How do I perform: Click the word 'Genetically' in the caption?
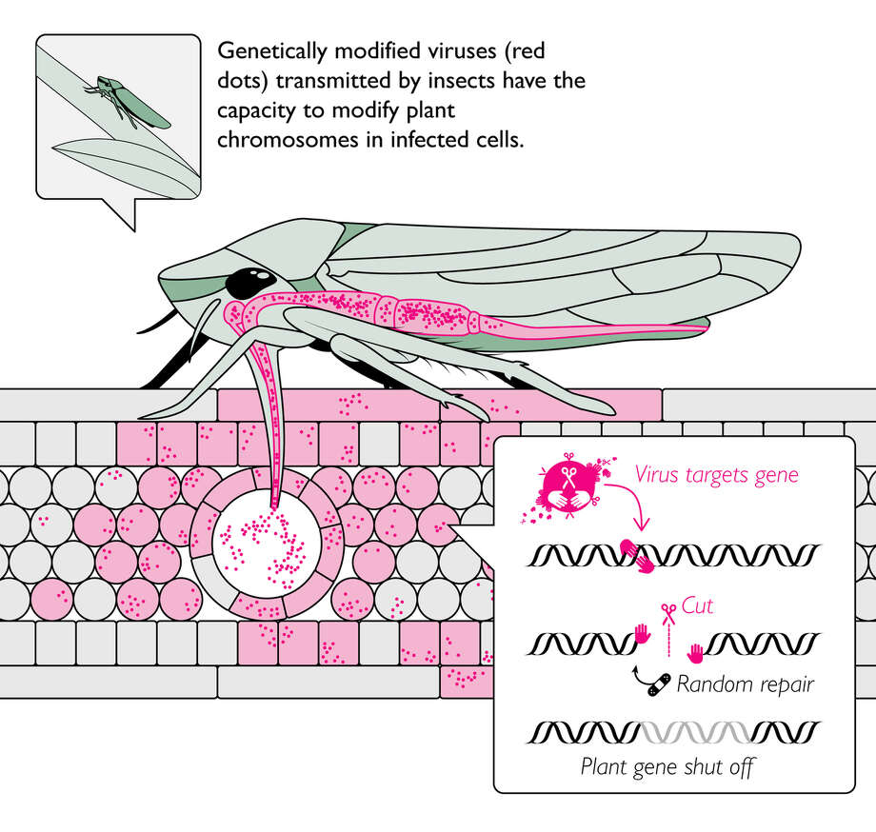pyautogui.click(x=267, y=50)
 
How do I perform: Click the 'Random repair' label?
pyautogui.click(x=745, y=683)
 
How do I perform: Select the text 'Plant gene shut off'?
pyautogui.click(x=667, y=766)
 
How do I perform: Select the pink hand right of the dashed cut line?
pyautogui.click(x=696, y=652)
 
